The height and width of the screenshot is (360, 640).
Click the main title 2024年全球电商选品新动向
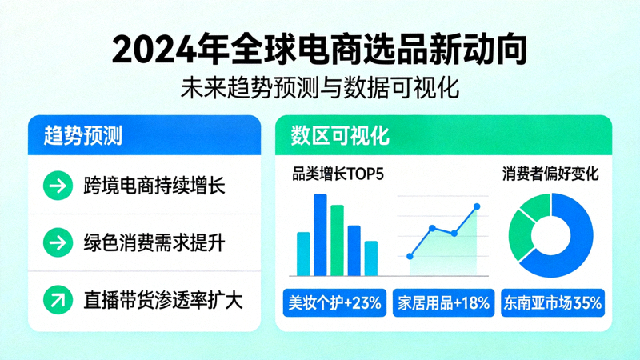pos(320,50)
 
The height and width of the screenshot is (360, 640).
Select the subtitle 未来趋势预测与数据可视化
pos(320,86)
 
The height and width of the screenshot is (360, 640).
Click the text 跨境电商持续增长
pos(154,186)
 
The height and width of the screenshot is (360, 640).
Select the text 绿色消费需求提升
pos(154,242)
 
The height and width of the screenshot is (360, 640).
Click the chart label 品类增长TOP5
pos(338,173)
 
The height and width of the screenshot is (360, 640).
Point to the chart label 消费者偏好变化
pos(550,173)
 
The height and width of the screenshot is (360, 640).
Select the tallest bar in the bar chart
pos(320,234)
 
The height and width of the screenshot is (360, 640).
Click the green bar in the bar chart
pos(337,240)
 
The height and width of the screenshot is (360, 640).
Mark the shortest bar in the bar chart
pos(371,258)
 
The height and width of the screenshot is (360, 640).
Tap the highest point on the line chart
pos(478,206)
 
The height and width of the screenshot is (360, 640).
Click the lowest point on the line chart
pos(410,257)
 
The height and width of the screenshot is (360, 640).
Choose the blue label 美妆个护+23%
pos(335,304)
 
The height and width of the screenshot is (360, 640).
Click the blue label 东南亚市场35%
pos(551,304)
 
